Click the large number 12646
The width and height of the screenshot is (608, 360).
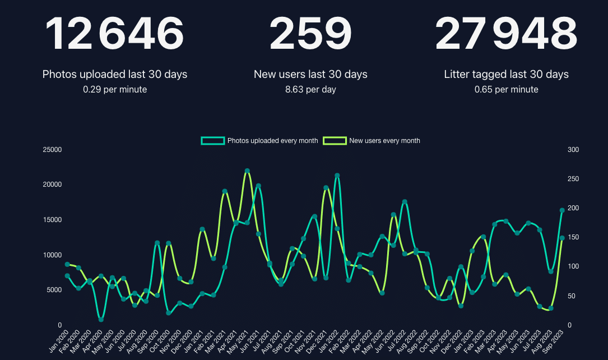click(114, 34)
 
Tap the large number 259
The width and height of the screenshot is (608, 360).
click(310, 34)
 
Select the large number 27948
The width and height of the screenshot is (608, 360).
click(506, 34)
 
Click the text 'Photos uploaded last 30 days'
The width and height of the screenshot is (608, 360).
click(115, 74)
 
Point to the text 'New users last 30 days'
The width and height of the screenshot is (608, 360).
click(310, 74)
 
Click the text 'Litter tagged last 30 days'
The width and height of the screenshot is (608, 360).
click(506, 74)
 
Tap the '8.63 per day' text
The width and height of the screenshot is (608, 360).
click(310, 89)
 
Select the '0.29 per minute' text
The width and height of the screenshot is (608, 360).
click(115, 89)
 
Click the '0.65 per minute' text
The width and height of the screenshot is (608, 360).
click(506, 89)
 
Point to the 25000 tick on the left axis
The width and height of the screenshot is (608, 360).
click(52, 150)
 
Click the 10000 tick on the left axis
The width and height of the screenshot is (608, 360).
click(52, 255)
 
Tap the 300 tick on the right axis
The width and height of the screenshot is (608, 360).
click(573, 150)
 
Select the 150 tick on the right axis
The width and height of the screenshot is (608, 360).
click(573, 237)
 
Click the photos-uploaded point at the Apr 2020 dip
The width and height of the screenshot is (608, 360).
click(101, 320)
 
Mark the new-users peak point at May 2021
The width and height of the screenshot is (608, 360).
click(247, 170)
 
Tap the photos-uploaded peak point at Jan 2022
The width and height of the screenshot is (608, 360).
click(337, 176)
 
